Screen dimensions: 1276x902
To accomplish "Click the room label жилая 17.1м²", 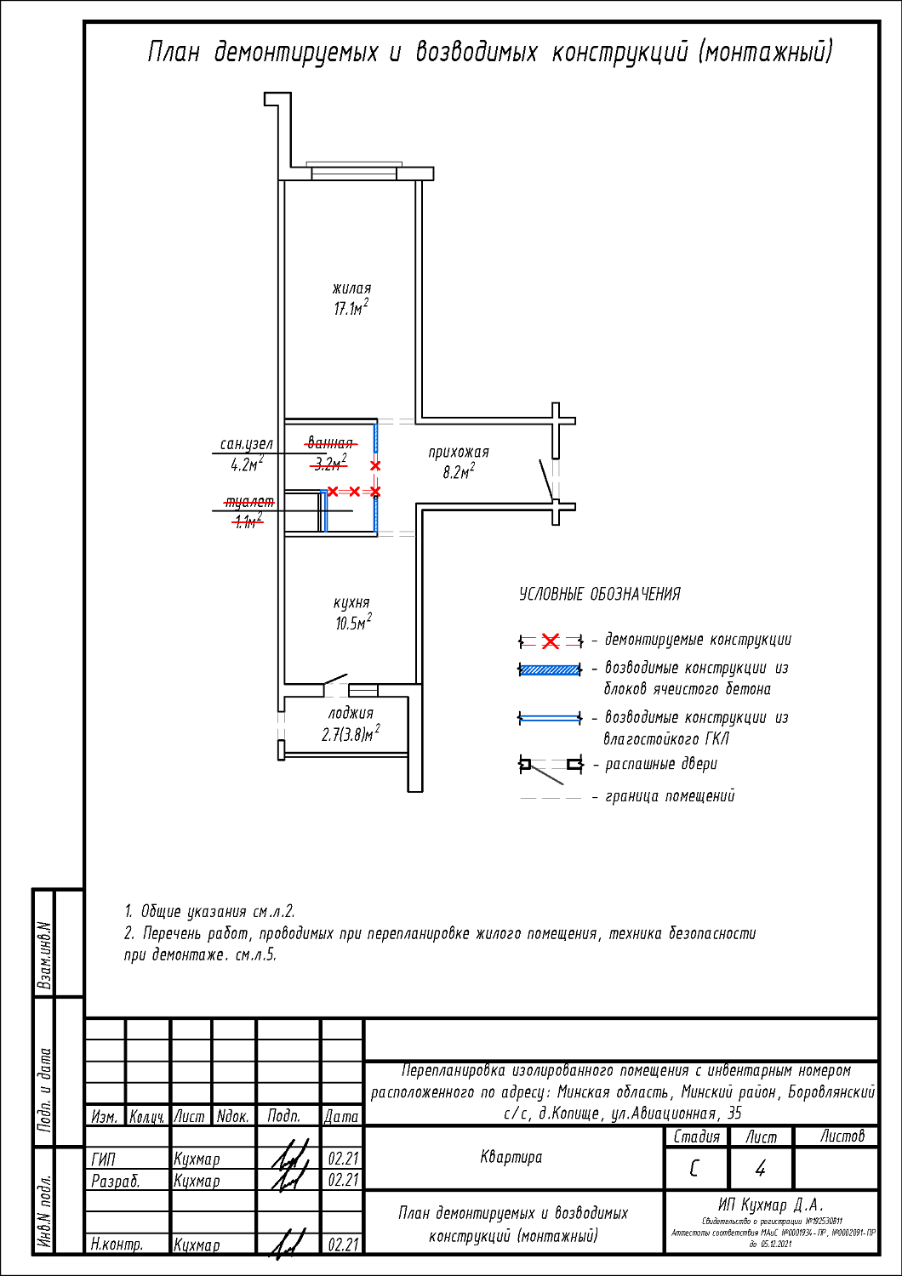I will [x=351, y=299].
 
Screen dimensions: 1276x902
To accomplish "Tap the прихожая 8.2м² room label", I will [x=459, y=462].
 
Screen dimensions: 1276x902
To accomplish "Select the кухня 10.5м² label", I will [x=352, y=612].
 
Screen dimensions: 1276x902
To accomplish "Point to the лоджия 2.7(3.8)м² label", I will [x=351, y=724].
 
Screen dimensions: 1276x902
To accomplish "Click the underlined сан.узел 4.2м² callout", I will [x=247, y=454].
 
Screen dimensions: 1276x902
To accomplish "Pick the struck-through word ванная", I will [x=330, y=443].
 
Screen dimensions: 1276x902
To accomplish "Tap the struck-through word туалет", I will [x=248, y=502].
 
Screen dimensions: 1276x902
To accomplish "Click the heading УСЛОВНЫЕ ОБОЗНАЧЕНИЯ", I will [x=600, y=595].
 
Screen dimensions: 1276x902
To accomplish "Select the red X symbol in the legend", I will [x=551, y=641].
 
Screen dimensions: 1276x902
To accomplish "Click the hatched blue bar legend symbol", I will [x=551, y=669].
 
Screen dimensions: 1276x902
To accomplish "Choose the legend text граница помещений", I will [x=670, y=796].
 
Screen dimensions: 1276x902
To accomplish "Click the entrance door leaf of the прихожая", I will [x=546, y=480].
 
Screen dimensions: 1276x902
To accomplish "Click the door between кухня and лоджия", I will [x=334, y=680].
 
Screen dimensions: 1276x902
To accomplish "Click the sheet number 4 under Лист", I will [x=760, y=1169].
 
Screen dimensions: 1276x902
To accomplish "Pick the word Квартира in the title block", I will [x=511, y=1157].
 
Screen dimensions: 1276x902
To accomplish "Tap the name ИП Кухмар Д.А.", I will [x=771, y=1205].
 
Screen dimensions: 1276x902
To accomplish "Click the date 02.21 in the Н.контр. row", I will [x=343, y=1245].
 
